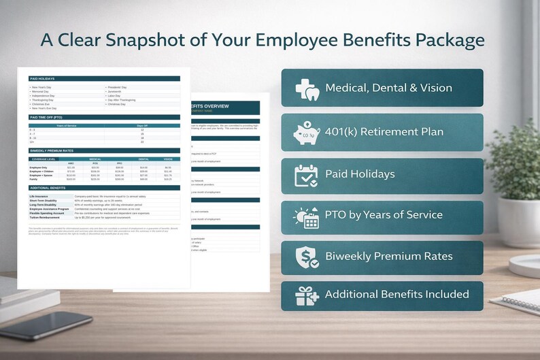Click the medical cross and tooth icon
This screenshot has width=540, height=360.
coord(307,88)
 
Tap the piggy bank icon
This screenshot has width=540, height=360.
coord(307,132)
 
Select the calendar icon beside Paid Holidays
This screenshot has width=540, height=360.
coord(306,175)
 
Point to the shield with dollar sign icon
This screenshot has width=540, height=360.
coord(306,256)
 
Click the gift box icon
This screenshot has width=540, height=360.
coord(306,295)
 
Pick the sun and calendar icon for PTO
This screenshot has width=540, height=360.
coord(306,216)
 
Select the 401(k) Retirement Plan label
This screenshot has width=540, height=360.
coord(384,131)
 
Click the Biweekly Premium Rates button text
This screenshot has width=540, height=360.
coord(388,256)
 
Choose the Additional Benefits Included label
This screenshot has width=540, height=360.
coord(396,295)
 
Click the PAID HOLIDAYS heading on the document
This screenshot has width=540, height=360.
coord(41,79)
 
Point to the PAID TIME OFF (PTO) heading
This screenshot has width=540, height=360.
coord(46,117)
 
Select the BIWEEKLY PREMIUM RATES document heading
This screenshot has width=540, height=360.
coord(52,150)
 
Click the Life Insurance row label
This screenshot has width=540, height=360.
coord(41,196)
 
